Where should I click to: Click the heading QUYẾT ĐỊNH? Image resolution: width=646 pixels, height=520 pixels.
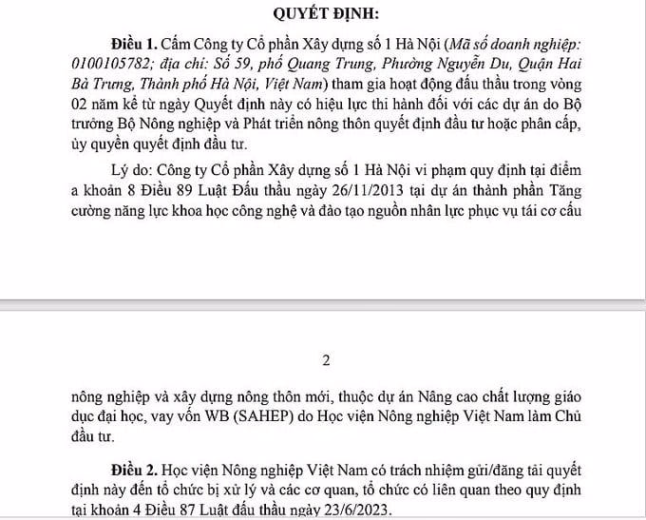point(327,13)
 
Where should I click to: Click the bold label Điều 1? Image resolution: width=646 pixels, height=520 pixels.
point(136,46)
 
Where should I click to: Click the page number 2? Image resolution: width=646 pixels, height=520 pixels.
point(326,360)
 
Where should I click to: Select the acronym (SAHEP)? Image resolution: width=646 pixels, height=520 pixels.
point(255,417)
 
